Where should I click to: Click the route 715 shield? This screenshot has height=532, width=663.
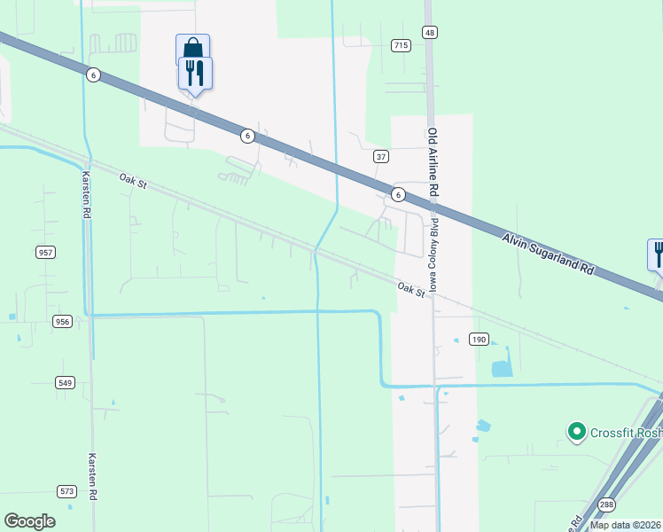(x=401, y=44)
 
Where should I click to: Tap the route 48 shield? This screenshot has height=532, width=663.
(x=429, y=32)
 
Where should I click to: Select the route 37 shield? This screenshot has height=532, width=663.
(x=381, y=156)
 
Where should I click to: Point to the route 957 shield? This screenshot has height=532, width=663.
(x=46, y=253)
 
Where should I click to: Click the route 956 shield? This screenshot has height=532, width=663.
(x=62, y=321)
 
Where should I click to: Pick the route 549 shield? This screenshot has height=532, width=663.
(x=65, y=382)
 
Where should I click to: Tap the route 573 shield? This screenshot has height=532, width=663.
(x=67, y=490)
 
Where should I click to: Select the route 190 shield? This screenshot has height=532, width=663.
(x=479, y=340)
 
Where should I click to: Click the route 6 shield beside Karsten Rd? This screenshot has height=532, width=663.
(x=92, y=75)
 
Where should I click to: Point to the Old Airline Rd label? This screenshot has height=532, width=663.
(x=433, y=163)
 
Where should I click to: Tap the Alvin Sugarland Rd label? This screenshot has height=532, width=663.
(x=550, y=254)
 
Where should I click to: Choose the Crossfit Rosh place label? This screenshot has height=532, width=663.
(x=626, y=432)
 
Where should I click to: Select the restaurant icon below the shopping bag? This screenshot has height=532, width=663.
(x=195, y=73)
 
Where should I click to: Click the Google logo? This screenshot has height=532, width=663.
(x=29, y=521)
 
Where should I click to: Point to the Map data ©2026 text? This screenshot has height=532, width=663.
(x=626, y=525)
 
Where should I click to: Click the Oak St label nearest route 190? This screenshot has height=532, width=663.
(x=411, y=289)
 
